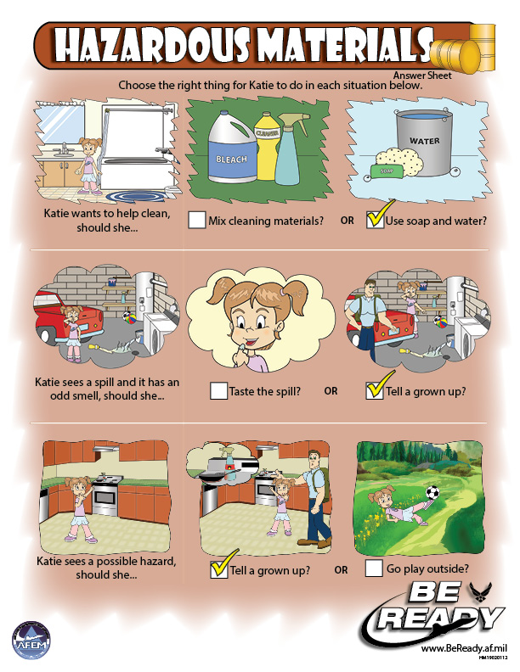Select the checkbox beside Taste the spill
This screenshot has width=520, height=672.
pos(218,391)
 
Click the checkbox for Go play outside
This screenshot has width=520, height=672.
pos(373,568)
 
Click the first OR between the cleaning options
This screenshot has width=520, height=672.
pos(347,221)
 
